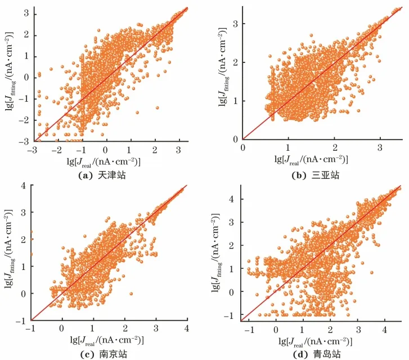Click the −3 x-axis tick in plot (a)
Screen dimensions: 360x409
34,150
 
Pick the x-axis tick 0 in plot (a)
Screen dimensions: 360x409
106,150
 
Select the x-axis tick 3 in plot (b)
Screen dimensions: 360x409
380,147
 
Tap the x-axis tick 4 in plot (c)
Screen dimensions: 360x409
187,328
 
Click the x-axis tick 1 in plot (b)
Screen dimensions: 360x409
288,147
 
